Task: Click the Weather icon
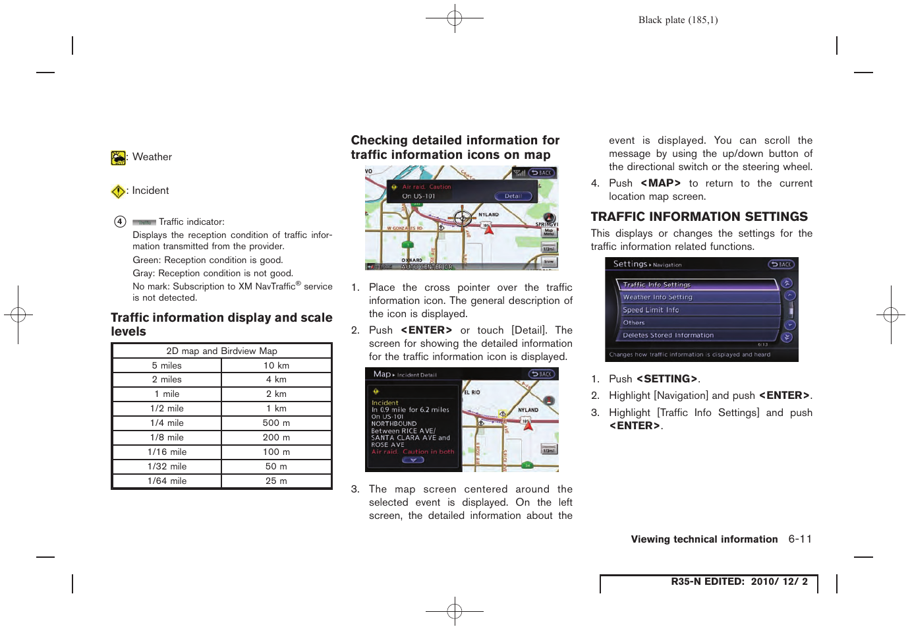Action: (x=118, y=158)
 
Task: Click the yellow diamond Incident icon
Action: (x=118, y=191)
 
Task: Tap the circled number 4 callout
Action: (x=120, y=222)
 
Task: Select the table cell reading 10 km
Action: (x=276, y=365)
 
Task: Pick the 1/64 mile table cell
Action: (x=167, y=481)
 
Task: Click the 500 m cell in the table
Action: (x=276, y=423)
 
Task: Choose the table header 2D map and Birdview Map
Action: (x=221, y=351)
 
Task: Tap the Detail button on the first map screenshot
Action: (x=513, y=196)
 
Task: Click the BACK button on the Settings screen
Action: (x=781, y=264)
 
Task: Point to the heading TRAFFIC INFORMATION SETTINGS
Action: (x=699, y=217)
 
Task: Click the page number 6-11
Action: (x=800, y=539)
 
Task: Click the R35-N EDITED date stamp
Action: (x=739, y=582)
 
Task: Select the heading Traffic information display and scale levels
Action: (x=221, y=324)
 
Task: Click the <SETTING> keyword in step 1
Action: (x=666, y=379)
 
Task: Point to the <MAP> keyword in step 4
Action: (x=660, y=183)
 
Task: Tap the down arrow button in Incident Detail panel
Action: (x=412, y=460)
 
